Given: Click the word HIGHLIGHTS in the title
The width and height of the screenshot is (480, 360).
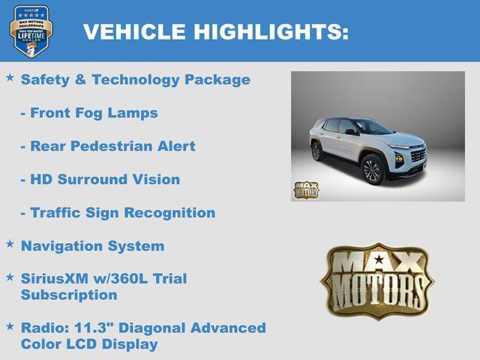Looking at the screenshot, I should [271, 31].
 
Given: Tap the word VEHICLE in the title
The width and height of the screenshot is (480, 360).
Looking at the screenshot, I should [134, 31].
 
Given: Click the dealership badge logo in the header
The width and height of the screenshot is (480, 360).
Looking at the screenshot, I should [31, 31].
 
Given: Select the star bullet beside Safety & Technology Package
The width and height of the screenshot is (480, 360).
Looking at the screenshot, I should [10, 77].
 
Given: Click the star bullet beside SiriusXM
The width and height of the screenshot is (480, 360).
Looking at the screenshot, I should [10, 277].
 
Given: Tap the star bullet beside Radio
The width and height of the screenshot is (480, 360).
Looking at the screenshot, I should [10, 326].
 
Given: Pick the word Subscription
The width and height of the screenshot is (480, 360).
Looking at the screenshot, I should [69, 295].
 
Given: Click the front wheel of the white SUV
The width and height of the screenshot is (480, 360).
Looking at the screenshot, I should [372, 169].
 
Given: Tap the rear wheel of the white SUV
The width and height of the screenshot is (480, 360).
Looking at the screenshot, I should [316, 151].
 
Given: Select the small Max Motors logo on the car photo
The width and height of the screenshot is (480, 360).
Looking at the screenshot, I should [305, 190].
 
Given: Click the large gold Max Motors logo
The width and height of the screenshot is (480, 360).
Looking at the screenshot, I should [377, 280].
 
